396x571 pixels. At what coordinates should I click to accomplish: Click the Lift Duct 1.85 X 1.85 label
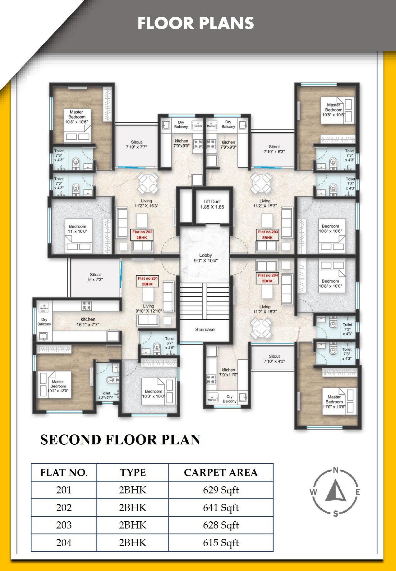click(212, 204)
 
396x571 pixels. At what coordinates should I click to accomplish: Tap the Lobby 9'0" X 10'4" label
click(205, 258)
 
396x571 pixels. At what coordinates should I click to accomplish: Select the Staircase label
click(205, 330)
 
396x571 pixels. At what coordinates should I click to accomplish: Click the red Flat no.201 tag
click(148, 281)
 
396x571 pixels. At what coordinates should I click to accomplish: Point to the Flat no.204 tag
click(268, 278)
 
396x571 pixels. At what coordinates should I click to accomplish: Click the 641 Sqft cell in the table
click(221, 507)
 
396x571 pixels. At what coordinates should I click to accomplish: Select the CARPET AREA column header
click(221, 472)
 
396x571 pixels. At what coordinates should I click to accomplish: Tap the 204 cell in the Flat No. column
click(64, 542)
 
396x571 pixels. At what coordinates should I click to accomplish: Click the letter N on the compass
click(335, 470)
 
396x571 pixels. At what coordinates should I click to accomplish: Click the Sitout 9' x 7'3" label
click(95, 277)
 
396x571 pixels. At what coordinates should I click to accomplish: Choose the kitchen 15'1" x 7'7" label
click(88, 322)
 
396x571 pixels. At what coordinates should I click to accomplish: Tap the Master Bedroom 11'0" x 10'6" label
click(334, 402)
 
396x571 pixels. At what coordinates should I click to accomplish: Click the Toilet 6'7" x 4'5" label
click(170, 343)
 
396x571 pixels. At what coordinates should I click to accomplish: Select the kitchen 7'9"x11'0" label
click(228, 372)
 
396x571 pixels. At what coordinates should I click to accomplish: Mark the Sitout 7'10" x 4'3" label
click(274, 359)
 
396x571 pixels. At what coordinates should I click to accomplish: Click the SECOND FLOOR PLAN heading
click(120, 440)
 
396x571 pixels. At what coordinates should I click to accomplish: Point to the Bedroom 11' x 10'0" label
click(77, 229)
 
